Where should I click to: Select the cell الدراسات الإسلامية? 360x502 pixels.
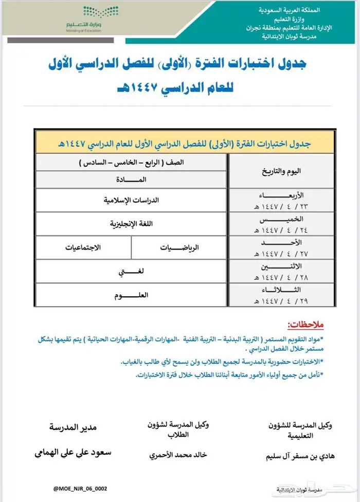point(132,201)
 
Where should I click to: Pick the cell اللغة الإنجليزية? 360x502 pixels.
point(132,224)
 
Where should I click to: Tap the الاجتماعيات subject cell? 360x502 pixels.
point(83,247)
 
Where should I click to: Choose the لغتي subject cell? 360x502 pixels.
point(132,271)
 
